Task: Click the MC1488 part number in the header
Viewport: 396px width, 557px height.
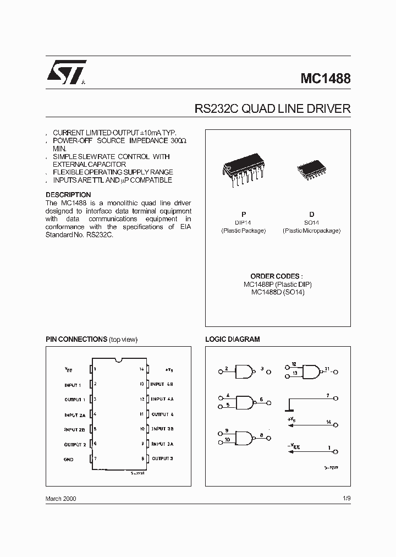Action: [x=325, y=78]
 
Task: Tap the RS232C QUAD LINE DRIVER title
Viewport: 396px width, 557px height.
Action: [x=272, y=108]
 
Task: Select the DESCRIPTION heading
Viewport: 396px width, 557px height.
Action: [x=68, y=195]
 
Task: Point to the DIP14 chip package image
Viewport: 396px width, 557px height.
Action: [x=244, y=172]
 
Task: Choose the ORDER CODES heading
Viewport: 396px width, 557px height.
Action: [x=277, y=276]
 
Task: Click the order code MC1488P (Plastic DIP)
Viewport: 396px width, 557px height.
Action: [x=277, y=285]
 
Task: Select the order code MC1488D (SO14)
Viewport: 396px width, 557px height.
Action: [x=277, y=292]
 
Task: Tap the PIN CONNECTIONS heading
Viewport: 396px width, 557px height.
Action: [x=76, y=340]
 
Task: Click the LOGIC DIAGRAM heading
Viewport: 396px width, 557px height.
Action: [x=232, y=340]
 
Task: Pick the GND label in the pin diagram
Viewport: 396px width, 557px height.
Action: [x=68, y=458]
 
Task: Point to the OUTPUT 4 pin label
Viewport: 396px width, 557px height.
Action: [x=163, y=414]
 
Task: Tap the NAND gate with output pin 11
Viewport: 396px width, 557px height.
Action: [x=312, y=372]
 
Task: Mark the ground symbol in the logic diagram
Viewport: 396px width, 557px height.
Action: [x=289, y=408]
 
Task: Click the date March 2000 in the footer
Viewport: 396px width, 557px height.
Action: [x=61, y=498]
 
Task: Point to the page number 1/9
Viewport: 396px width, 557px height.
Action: [x=346, y=498]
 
